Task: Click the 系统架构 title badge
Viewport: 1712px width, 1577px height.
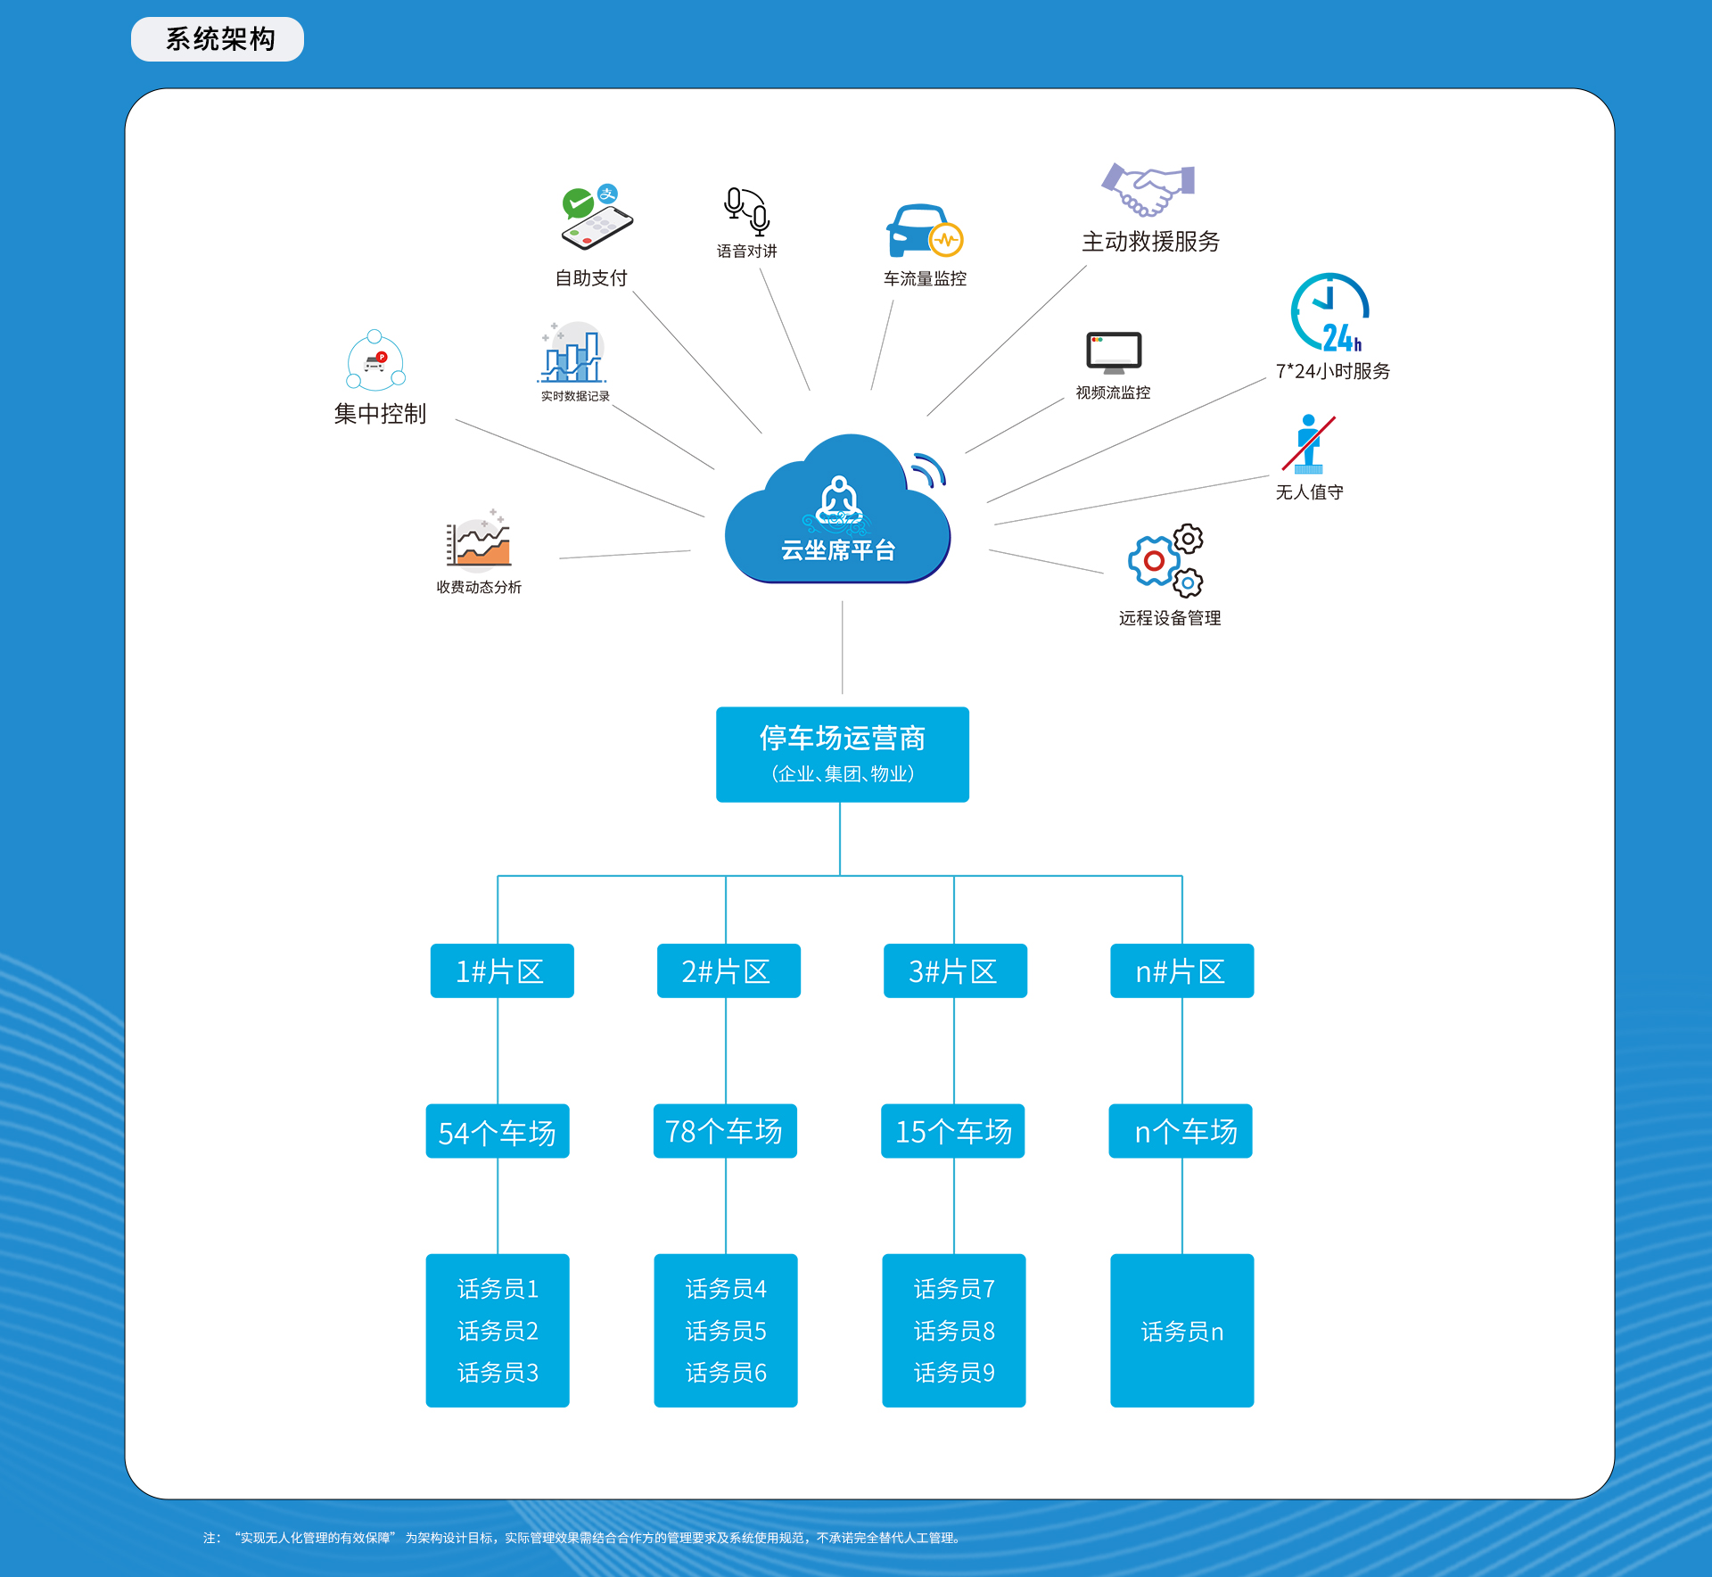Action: click(x=218, y=39)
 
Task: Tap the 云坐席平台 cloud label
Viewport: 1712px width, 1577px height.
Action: click(x=838, y=550)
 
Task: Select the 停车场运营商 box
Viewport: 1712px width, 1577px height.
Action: click(x=843, y=755)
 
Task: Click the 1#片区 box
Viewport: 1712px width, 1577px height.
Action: click(x=502, y=970)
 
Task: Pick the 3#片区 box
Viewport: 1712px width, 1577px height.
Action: click(x=955, y=970)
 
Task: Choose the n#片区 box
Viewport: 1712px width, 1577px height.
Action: click(x=1181, y=970)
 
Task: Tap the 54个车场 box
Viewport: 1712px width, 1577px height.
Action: click(x=498, y=1131)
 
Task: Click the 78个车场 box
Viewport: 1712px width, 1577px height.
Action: click(x=725, y=1131)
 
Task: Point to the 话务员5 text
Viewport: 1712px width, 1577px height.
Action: click(x=726, y=1331)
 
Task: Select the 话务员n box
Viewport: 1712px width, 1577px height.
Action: click(x=1181, y=1331)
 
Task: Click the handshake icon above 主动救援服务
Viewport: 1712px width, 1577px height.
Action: click(x=1148, y=190)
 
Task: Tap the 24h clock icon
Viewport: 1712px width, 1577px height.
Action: click(x=1329, y=312)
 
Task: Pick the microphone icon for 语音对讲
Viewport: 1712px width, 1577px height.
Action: click(x=747, y=211)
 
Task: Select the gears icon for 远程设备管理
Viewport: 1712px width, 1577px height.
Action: click(x=1166, y=561)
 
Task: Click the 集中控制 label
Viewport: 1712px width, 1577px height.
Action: click(x=380, y=414)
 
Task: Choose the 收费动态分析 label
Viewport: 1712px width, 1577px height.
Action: click(x=479, y=587)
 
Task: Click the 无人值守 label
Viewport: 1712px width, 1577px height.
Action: click(x=1309, y=492)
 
